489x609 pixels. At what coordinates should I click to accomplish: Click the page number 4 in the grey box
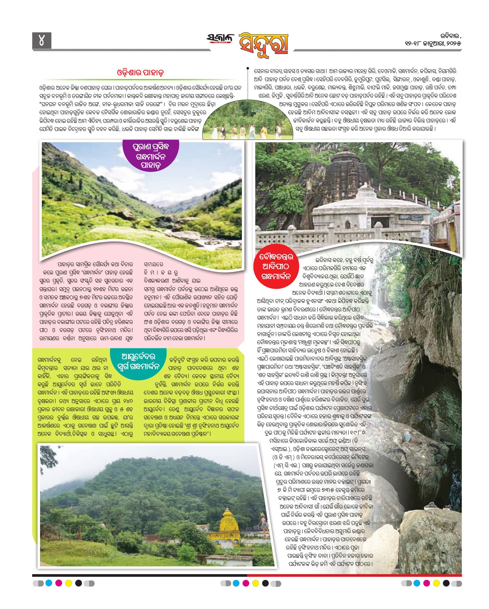point(42,41)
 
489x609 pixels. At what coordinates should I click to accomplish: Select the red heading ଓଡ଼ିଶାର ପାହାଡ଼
point(140,73)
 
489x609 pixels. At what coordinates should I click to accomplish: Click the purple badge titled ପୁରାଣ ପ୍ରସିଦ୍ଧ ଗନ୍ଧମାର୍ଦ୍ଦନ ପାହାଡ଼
point(150,156)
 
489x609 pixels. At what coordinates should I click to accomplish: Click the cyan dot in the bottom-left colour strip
point(49,583)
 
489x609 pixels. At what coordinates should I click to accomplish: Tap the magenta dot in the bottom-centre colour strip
point(246,583)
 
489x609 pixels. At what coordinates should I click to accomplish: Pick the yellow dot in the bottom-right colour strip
point(436,583)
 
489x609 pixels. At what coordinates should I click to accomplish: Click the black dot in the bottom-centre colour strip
point(265,583)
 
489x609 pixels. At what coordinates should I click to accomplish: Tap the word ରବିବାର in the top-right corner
point(450,36)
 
